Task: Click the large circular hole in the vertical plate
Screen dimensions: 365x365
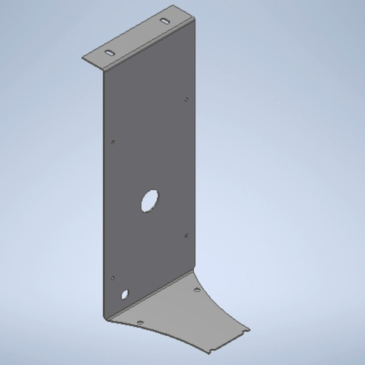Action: click(x=149, y=200)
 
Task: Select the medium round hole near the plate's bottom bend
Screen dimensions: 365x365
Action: click(x=125, y=294)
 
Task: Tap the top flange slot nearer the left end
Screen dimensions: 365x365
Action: click(x=109, y=54)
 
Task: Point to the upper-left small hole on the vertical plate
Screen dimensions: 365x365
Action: click(x=112, y=141)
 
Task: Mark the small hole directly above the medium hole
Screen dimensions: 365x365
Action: click(x=112, y=277)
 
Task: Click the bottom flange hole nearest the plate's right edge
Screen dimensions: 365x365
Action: click(x=197, y=291)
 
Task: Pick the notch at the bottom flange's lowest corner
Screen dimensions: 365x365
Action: click(x=212, y=347)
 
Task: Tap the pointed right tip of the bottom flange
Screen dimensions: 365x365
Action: click(x=250, y=329)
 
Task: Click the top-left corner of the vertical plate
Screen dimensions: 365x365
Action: click(x=101, y=72)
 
